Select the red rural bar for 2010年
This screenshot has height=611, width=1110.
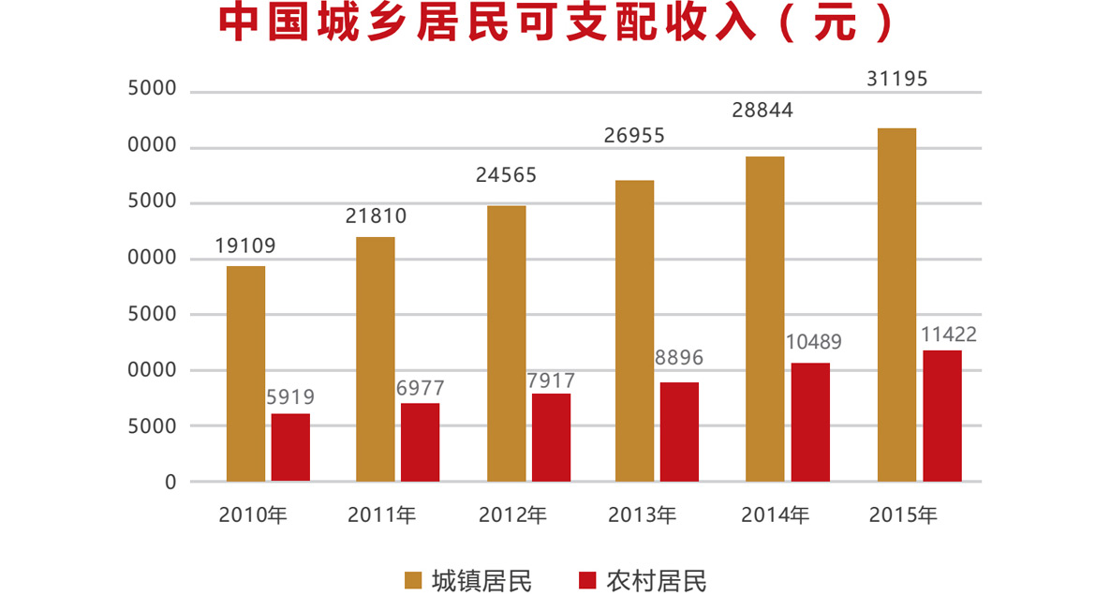(290, 447)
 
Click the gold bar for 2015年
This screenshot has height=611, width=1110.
(896, 305)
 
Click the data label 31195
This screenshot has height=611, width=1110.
(896, 80)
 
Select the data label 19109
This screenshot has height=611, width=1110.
(245, 246)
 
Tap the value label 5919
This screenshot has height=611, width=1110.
(290, 397)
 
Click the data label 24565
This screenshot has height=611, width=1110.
(506, 175)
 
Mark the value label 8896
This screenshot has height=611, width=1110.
(679, 358)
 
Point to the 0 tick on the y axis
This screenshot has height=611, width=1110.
(170, 482)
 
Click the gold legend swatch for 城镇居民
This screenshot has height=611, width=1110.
(413, 581)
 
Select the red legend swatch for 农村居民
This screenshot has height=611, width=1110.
(587, 581)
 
